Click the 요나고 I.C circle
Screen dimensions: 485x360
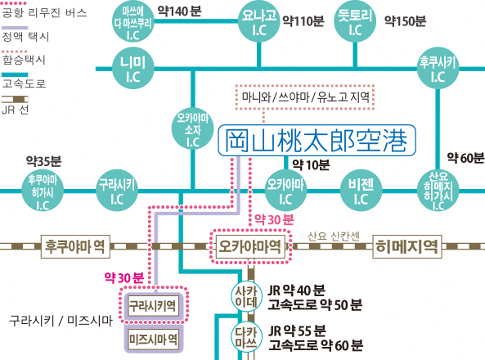click(259, 21)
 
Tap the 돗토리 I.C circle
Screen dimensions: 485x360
click(355, 21)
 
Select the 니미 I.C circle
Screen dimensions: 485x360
click(133, 69)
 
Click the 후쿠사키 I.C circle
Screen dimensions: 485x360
click(438, 69)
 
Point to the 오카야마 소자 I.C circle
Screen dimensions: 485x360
click(193, 128)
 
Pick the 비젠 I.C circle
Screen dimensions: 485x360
click(361, 191)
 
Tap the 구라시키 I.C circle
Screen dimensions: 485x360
click(117, 191)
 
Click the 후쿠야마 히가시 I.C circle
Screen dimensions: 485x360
click(43, 191)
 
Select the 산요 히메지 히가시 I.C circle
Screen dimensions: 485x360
click(438, 191)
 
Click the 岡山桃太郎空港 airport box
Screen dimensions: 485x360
click(317, 140)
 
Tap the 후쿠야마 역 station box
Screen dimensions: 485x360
click(75, 246)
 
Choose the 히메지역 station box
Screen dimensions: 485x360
click(407, 246)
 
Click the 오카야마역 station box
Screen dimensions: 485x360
click(250, 246)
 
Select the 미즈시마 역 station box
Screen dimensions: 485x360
click(154, 340)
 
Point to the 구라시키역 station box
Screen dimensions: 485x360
click(154, 306)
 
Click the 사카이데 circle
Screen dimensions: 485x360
click(246, 296)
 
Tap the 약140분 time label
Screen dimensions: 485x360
click(179, 11)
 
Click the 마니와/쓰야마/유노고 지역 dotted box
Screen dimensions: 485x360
click(305, 97)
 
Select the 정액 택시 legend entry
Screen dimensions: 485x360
click(25, 33)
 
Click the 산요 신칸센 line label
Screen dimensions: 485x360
click(334, 236)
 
